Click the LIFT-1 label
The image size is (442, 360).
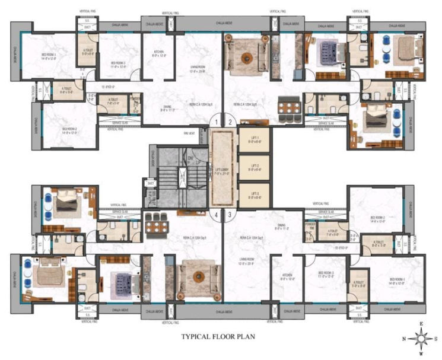[254, 139]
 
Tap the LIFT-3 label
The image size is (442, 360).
[254, 193]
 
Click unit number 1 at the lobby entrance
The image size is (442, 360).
[217, 123]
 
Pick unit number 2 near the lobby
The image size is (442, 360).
[231, 123]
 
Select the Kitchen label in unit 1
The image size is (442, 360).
[159, 54]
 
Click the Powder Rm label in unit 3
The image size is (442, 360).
[310, 227]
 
